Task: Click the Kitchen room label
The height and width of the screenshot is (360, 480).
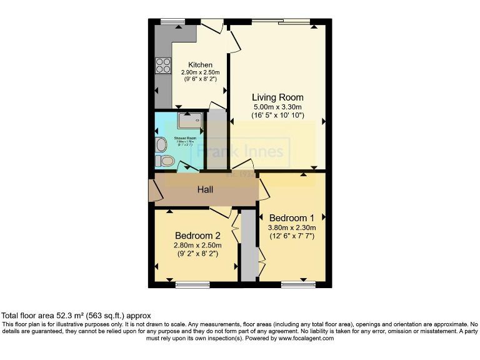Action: (201, 65)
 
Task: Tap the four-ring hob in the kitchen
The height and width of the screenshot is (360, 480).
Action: (163, 66)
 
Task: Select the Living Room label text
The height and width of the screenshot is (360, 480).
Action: (277, 97)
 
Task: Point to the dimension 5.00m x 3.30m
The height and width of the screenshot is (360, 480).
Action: (277, 107)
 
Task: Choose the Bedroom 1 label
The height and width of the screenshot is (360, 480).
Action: (292, 218)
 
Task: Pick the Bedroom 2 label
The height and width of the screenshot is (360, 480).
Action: (197, 236)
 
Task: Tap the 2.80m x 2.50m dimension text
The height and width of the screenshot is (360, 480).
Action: (197, 245)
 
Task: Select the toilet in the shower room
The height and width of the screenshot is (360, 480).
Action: (166, 161)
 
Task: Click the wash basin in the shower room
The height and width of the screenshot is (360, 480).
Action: (161, 144)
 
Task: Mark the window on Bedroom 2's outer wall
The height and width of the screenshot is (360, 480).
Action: (192, 285)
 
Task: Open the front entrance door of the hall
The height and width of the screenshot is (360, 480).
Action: (152, 191)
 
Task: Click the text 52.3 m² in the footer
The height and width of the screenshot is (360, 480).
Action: (67, 316)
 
